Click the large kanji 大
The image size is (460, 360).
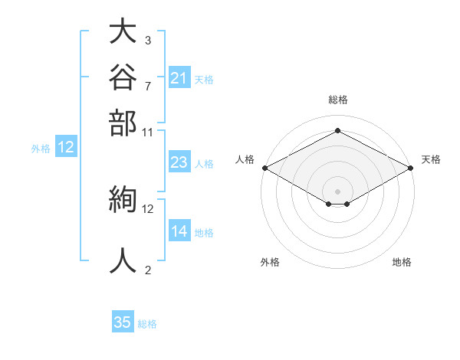tap(123, 31)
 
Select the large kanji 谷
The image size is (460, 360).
tap(123, 77)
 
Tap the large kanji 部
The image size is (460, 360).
tap(123, 123)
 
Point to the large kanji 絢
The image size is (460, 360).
tap(123, 199)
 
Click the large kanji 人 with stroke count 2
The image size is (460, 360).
tap(123, 260)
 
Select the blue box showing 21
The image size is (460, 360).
tap(179, 77)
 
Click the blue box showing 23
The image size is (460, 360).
tap(179, 162)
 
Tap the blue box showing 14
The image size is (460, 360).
tap(179, 230)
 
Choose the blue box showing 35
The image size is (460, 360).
tap(123, 321)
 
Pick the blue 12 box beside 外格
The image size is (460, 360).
tap(66, 146)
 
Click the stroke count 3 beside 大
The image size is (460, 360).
tap(148, 41)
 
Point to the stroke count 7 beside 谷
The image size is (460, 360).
tap(148, 87)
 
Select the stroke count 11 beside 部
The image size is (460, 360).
tap(147, 133)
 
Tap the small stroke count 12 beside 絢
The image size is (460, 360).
tap(147, 209)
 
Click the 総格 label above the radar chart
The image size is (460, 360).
tap(338, 100)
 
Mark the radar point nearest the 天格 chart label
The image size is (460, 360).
tap(411, 168)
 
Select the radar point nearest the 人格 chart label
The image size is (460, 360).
tap(265, 168)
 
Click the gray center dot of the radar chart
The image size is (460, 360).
tap(337, 191)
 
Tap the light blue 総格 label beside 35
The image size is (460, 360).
tap(147, 324)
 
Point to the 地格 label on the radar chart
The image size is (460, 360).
tap(402, 262)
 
